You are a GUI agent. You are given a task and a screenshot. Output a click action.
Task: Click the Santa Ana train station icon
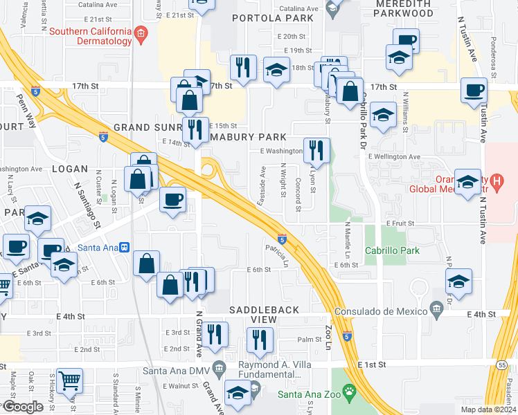pyautogui.click(x=124, y=247)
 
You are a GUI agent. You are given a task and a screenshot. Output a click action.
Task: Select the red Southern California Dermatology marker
pyautogui.click(x=141, y=33)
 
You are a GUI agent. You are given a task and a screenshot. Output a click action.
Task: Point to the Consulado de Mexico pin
pyautogui.click(x=436, y=307)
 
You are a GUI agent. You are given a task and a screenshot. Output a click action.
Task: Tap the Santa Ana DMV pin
pyautogui.click(x=220, y=366)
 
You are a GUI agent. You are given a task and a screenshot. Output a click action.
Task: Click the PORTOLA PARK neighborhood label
pyautogui.click(x=269, y=18)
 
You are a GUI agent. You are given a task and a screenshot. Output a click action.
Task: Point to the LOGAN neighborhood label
pyautogui.click(x=70, y=169)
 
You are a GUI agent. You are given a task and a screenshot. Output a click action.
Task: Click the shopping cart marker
pyautogui.click(x=70, y=381)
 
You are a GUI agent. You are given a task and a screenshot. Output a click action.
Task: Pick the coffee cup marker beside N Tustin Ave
pyautogui.click(x=475, y=90)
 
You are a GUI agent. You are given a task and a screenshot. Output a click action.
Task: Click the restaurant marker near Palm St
pyautogui.click(x=260, y=340)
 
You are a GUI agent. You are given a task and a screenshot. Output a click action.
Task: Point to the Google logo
pyautogui.click(x=22, y=407)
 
